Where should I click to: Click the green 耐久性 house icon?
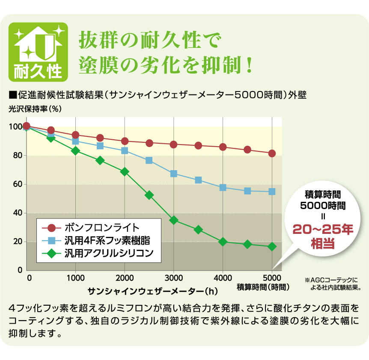pos(38,52)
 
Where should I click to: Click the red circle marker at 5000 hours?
pos(272,153)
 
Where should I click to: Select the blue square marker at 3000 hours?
pos(174,174)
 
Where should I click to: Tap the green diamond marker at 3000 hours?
pos(174,220)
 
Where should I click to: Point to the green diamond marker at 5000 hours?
pos(272,247)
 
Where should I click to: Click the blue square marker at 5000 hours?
pos(272,192)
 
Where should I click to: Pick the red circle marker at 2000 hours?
pos(125,141)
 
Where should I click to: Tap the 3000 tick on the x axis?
pos(173,277)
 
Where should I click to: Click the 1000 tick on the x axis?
pos(75,277)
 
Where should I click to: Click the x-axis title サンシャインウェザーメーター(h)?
pos(152,291)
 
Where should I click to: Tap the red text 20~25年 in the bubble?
pos(323,229)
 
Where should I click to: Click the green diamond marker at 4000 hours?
pos(223,242)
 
